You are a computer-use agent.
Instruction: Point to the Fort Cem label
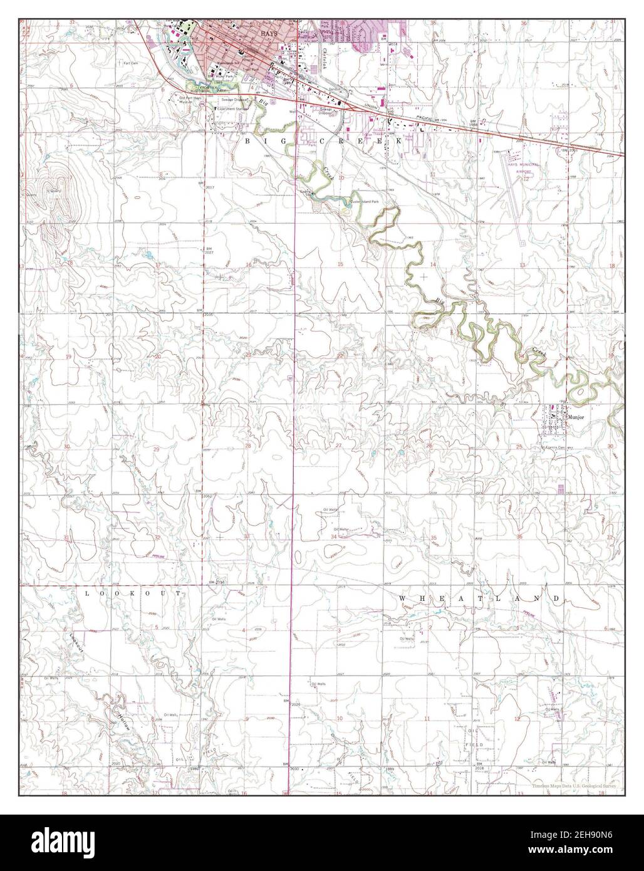click(x=130, y=63)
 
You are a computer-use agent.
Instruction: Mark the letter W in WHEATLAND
click(x=402, y=599)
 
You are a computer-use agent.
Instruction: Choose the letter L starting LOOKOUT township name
click(x=86, y=592)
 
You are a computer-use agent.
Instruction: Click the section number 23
click(x=430, y=358)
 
